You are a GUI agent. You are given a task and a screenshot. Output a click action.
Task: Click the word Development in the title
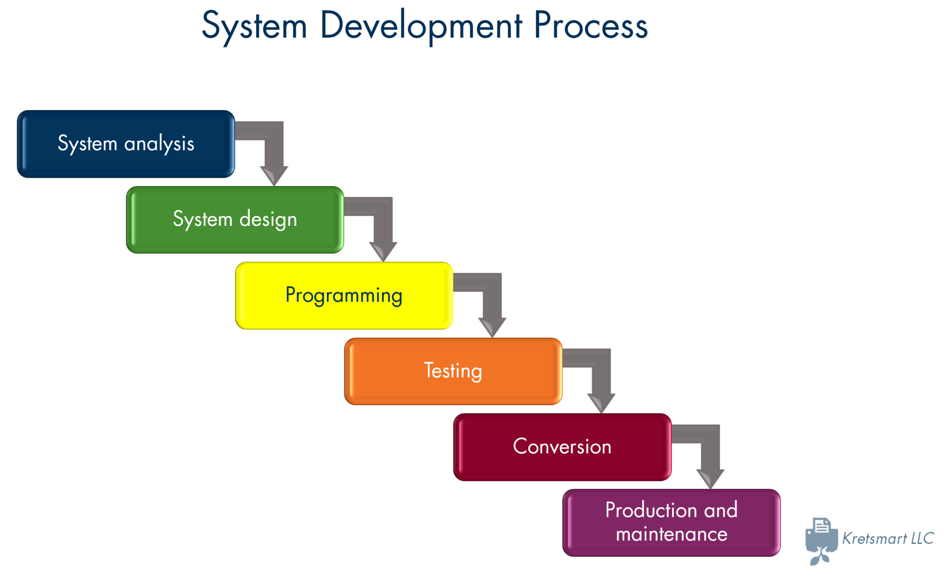coord(421,26)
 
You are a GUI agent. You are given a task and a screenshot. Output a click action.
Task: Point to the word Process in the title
coord(591,26)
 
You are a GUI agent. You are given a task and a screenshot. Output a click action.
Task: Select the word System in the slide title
coord(255,26)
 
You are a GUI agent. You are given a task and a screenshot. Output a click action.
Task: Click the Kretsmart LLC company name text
coord(888,538)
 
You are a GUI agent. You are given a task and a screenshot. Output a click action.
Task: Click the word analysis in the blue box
coord(159,144)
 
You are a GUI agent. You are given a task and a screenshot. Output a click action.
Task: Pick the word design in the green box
coord(268,220)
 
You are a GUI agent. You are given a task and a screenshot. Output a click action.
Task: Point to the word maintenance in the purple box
coord(671,535)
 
